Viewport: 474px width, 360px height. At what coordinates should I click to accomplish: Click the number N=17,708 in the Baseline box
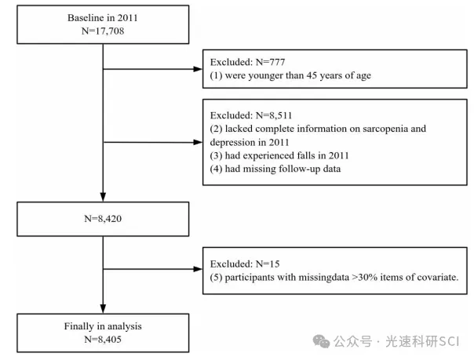click(103, 31)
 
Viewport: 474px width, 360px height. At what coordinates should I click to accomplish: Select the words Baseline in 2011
click(103, 18)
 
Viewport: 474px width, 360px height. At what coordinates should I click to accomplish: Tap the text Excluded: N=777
click(247, 62)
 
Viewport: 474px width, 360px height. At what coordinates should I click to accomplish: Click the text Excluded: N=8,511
click(251, 115)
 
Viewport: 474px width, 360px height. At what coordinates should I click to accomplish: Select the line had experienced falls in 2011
click(287, 155)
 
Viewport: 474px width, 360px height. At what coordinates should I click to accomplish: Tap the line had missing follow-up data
click(283, 169)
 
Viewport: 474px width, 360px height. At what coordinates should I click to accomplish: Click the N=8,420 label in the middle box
click(103, 219)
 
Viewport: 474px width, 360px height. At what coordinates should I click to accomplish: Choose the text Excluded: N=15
click(245, 264)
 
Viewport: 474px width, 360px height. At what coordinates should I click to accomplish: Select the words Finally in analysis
click(103, 326)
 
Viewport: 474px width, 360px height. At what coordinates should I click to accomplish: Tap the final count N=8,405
click(103, 340)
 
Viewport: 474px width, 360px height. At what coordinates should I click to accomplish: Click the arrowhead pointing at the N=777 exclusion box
click(198, 69)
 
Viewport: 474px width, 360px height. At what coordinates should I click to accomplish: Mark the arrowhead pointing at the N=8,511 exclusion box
click(198, 142)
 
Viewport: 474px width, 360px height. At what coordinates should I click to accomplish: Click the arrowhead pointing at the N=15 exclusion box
click(198, 269)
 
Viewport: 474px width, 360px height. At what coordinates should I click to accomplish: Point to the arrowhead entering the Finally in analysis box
click(103, 309)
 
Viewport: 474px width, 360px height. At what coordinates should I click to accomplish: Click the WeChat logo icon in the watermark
click(321, 342)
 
